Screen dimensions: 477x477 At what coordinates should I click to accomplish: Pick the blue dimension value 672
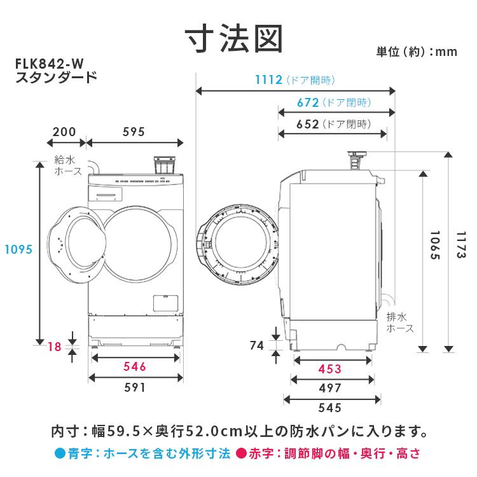[307, 102]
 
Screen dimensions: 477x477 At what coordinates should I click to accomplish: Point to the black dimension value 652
[307, 124]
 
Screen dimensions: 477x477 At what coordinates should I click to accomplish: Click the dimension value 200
[64, 132]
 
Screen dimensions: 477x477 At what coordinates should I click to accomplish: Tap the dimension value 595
[134, 132]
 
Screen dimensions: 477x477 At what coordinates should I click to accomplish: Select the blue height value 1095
[17, 249]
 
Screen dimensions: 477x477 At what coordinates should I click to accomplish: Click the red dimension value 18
[55, 347]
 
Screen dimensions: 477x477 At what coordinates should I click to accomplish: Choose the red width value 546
[135, 366]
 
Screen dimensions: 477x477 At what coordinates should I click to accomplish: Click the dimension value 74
[257, 346]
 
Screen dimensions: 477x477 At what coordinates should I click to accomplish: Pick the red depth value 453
[329, 369]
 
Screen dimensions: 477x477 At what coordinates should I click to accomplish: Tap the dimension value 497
[329, 388]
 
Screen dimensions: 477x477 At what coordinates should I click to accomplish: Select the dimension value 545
[329, 408]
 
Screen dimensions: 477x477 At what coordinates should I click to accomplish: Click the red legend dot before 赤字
[241, 454]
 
